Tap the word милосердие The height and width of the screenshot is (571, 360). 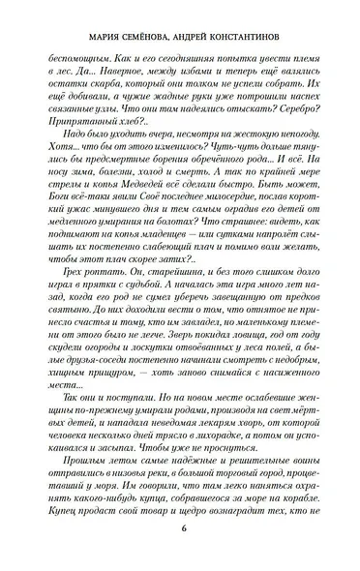pos(221,219)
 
